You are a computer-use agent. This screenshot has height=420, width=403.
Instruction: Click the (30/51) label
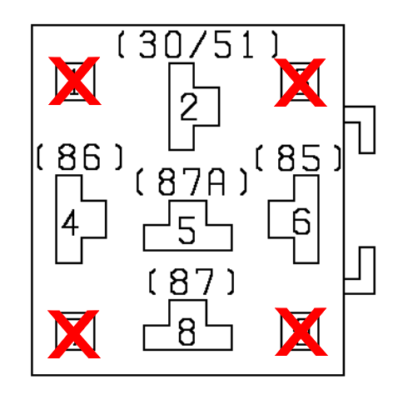(198, 44)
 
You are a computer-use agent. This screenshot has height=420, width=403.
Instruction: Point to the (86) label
(79, 157)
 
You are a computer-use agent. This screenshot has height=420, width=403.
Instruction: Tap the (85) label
(298, 157)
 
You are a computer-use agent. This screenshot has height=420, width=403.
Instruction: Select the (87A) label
(192, 182)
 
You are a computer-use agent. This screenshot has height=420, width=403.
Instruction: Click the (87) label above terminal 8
(192, 281)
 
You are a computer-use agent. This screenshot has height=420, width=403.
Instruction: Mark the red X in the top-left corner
(74, 81)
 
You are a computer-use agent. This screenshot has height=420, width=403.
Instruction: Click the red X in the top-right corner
(300, 82)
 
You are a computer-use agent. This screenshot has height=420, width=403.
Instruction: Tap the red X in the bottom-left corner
(73, 334)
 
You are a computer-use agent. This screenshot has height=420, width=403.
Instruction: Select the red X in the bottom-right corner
(301, 332)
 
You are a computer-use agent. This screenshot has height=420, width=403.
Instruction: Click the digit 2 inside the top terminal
(189, 107)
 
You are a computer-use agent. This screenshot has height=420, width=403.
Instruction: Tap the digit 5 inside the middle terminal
(187, 230)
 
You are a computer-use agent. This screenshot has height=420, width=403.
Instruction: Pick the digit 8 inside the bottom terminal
(187, 332)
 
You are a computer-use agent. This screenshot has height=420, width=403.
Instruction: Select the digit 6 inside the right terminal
(301, 221)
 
